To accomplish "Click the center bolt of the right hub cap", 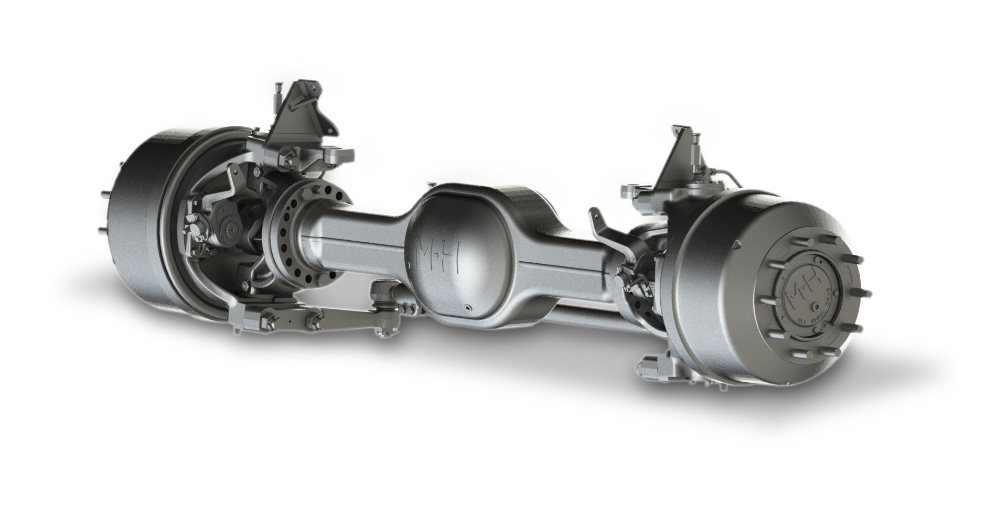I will click(x=816, y=309).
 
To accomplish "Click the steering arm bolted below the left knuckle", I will click(x=294, y=320).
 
